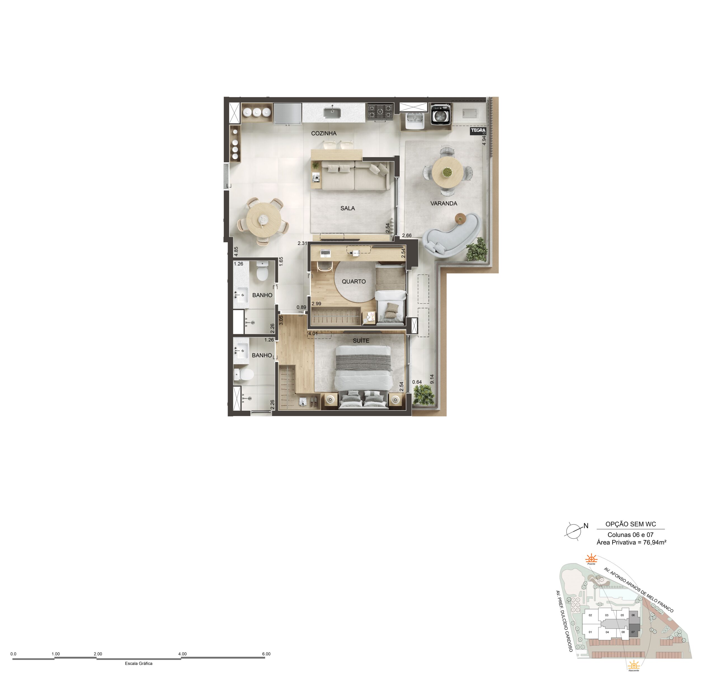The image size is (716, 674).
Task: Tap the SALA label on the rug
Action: [348, 208]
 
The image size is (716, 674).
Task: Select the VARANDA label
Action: [444, 203]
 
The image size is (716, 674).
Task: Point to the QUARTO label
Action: [354, 282]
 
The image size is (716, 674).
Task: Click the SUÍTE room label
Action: [361, 340]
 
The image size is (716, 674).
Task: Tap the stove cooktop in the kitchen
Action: [380, 111]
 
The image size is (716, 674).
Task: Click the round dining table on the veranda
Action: [448, 172]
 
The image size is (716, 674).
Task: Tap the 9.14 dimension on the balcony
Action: [432, 379]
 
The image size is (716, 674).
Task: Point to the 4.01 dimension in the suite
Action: [313, 334]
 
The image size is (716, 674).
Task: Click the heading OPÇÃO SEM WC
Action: [631, 524]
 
